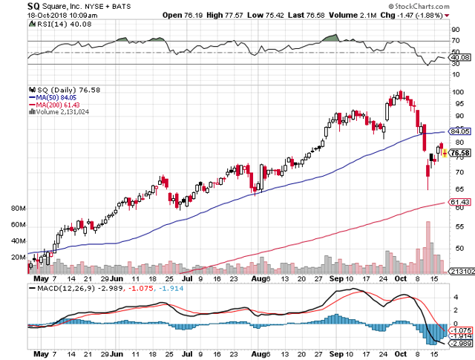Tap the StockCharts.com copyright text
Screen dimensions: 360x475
pyautogui.click(x=430, y=5)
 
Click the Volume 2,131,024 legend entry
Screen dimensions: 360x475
pyautogui.click(x=62, y=112)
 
